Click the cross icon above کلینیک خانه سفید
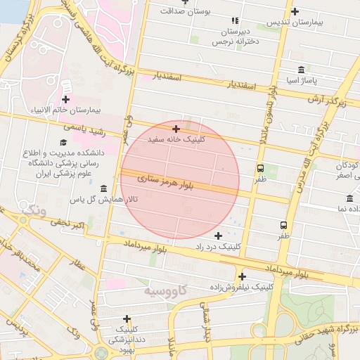(x=176, y=129)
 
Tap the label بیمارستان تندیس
(x=293, y=23)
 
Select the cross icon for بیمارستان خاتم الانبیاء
(x=65, y=100)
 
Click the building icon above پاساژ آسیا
(x=302, y=69)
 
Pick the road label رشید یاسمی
(x=84, y=129)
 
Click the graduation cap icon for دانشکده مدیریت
(x=53, y=143)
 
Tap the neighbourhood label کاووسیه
(x=165, y=290)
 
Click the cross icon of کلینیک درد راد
(x=218, y=236)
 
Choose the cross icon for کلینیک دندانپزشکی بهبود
(x=127, y=319)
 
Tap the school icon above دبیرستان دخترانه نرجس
(x=236, y=21)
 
